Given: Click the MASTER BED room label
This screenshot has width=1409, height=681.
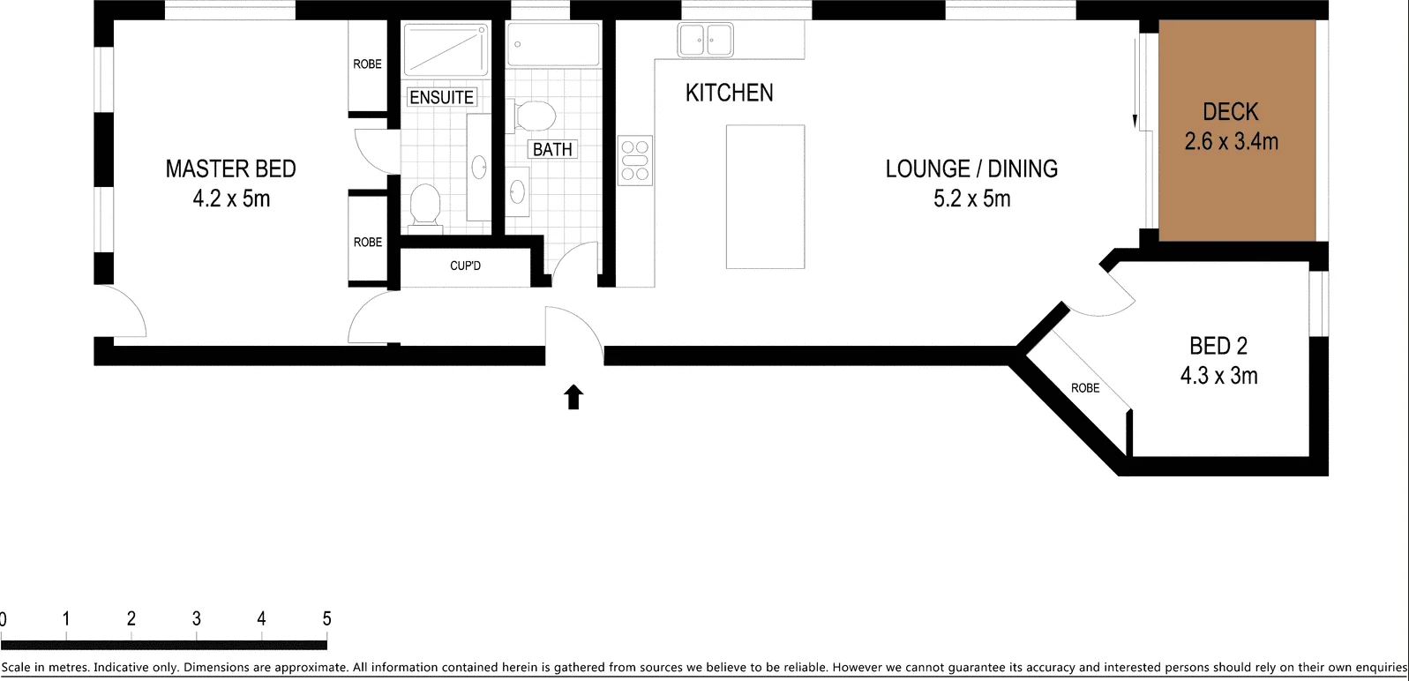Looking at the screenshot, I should point(230,168).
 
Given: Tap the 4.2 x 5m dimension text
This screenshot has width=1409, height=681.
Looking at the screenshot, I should point(231,198).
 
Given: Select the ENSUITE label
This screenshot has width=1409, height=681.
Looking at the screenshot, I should point(442,97).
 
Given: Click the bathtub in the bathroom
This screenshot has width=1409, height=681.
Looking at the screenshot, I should point(553,44).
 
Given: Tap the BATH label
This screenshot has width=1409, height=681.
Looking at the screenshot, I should point(552,149).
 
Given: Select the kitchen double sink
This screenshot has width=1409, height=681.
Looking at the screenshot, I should point(705,40).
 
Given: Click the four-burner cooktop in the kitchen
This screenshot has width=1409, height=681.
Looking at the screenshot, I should point(634,161).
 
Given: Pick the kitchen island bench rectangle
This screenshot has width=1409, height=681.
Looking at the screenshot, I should point(765,196).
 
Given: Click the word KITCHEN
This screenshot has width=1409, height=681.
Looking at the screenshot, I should point(729,93).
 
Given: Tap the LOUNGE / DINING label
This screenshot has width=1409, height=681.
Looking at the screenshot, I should point(971,168).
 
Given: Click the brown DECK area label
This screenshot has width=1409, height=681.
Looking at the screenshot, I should point(1230,112).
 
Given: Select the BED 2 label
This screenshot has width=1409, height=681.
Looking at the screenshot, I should point(1218,346).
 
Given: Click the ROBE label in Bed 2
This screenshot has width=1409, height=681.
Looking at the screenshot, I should point(1085,388).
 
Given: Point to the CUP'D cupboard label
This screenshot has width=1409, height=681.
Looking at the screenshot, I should point(465,266).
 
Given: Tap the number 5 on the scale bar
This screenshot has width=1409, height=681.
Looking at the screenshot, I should point(326,618).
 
